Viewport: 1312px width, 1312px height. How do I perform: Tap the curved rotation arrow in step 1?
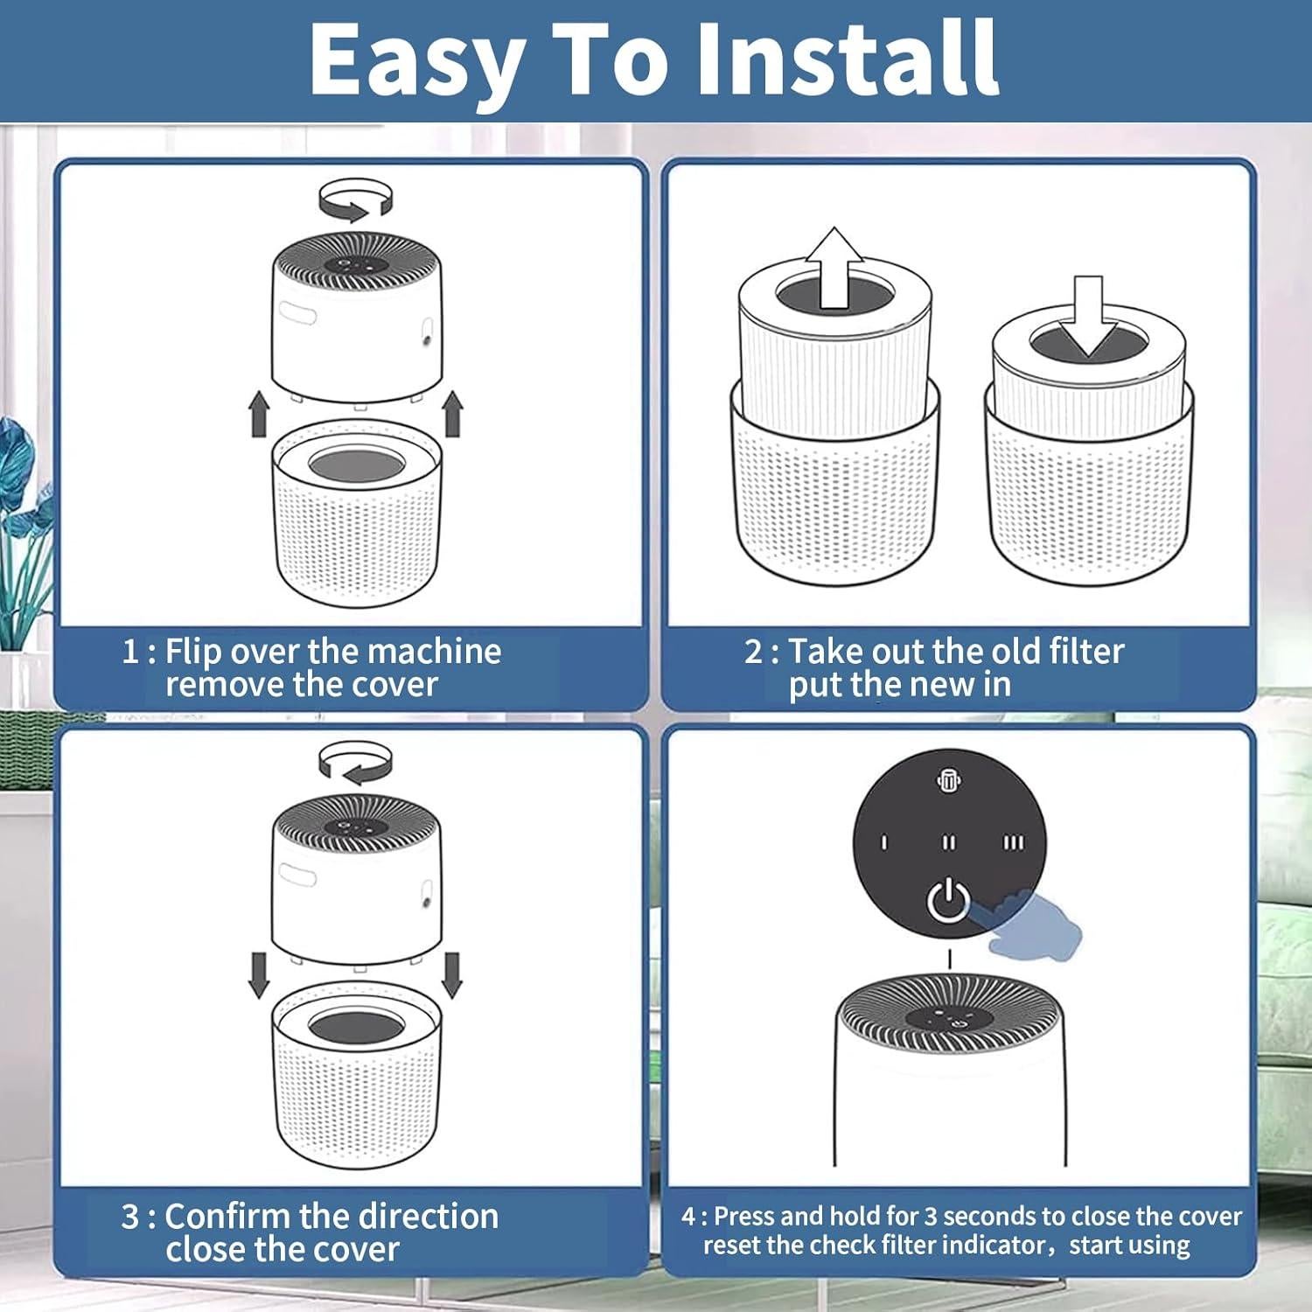coord(356,199)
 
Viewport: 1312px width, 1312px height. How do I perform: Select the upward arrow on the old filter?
coord(834,268)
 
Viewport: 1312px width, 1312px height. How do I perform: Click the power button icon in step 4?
coord(948,901)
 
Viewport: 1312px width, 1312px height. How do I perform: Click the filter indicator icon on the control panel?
coord(949,781)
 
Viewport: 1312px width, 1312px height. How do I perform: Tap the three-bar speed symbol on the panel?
coord(1013,842)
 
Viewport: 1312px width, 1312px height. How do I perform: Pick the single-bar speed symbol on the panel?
coord(883,842)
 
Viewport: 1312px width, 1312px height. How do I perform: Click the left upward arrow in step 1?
coord(259,414)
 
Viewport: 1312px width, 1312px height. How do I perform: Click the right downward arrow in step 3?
coord(452,975)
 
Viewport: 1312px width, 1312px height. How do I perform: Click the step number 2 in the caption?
coord(753,652)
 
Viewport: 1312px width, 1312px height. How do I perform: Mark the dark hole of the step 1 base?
coord(356,464)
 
